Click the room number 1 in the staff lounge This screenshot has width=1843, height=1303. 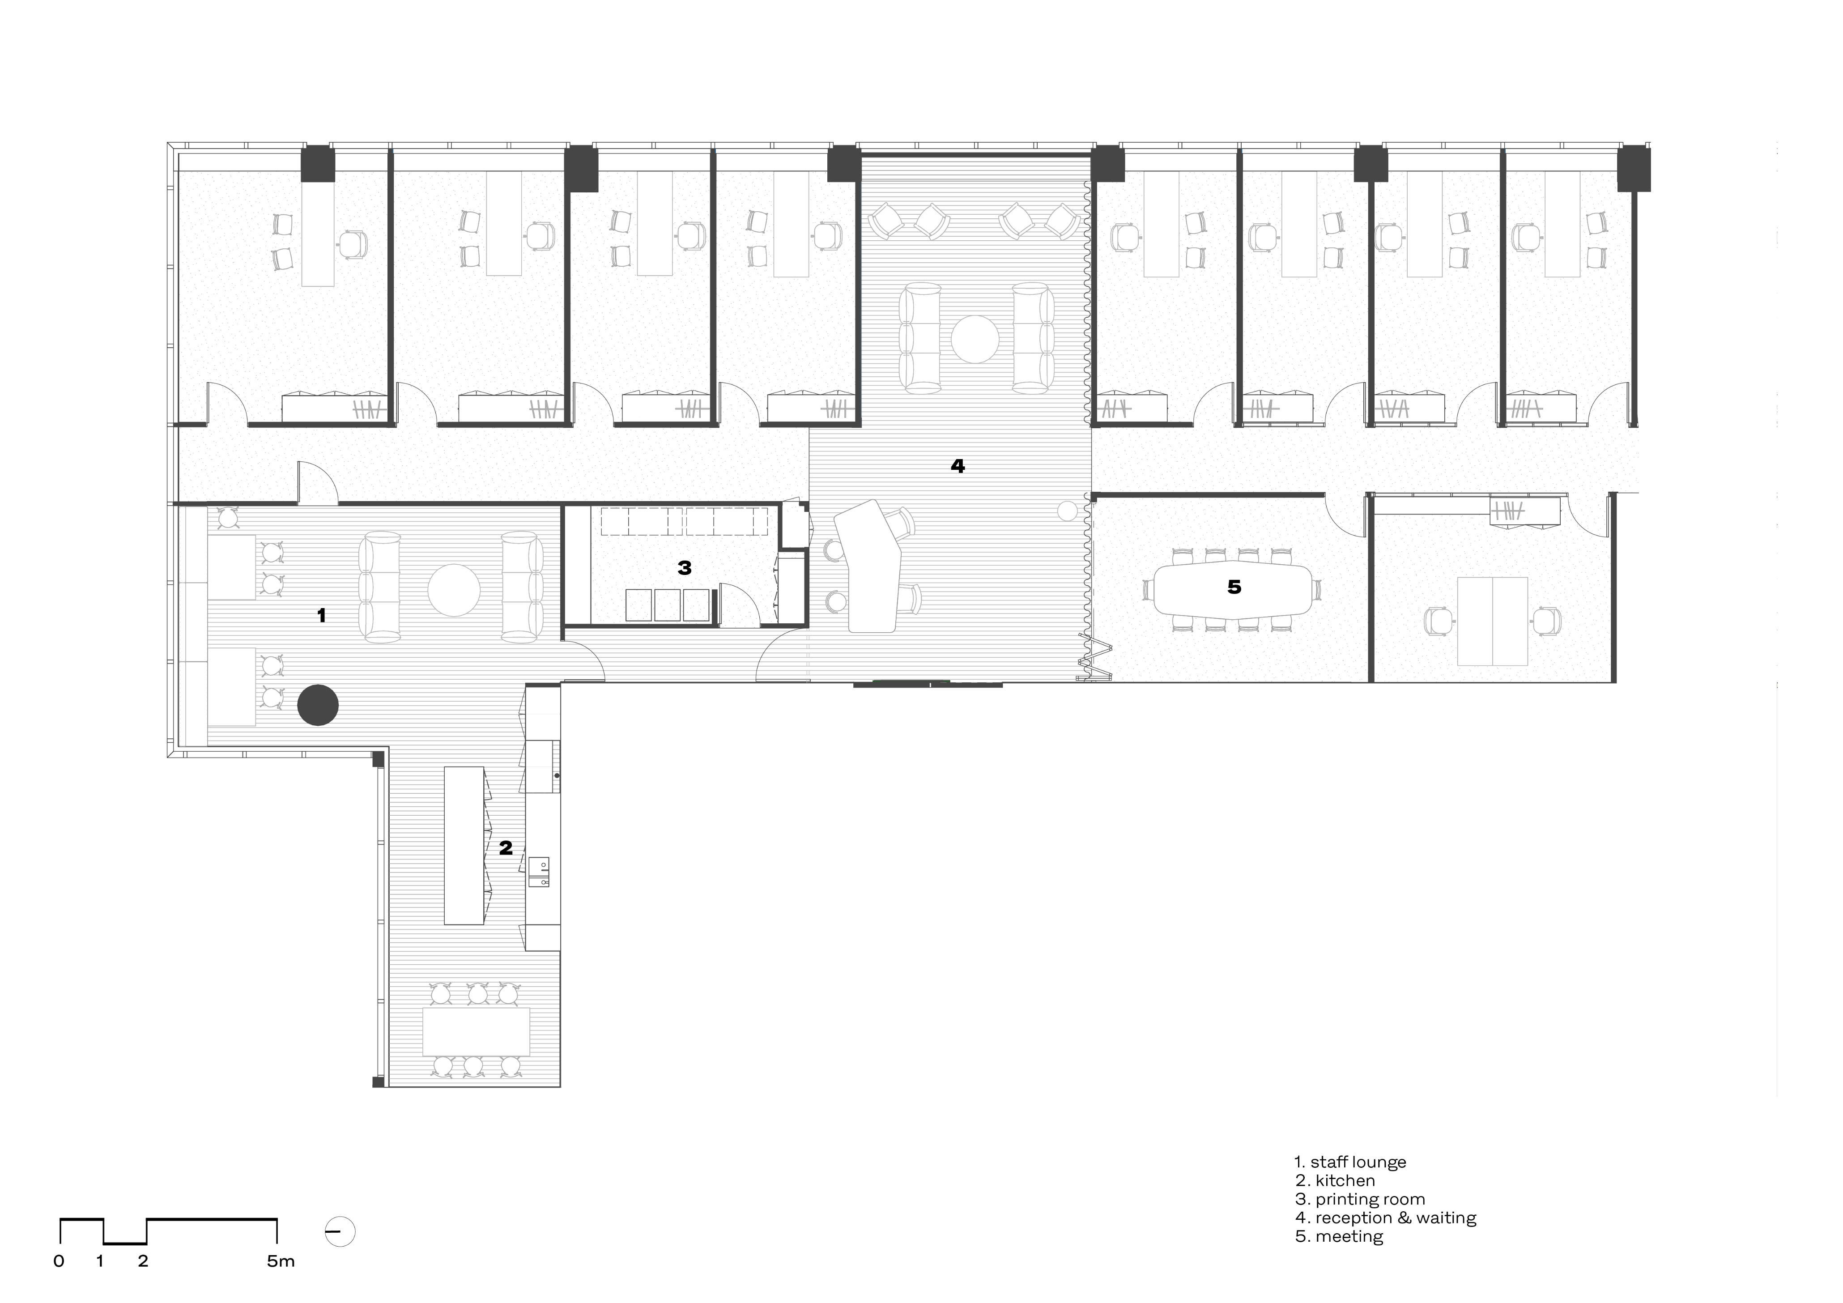pyautogui.click(x=321, y=616)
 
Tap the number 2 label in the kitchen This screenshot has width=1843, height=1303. pyautogui.click(x=506, y=848)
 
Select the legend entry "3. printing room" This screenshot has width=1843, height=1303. pyautogui.click(x=1360, y=1200)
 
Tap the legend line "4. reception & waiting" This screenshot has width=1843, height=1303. pyautogui.click(x=1385, y=1218)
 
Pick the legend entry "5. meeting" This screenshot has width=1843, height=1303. pyautogui.click(x=1339, y=1236)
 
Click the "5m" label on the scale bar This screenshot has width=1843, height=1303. pyautogui.click(x=281, y=1261)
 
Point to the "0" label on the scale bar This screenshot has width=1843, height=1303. pyautogui.click(x=59, y=1261)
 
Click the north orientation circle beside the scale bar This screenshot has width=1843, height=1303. pyautogui.click(x=341, y=1231)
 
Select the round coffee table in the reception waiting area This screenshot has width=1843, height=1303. pyautogui.click(x=975, y=339)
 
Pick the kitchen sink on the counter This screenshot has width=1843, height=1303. pyautogui.click(x=540, y=872)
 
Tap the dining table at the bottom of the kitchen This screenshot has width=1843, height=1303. pyautogui.click(x=476, y=1032)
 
